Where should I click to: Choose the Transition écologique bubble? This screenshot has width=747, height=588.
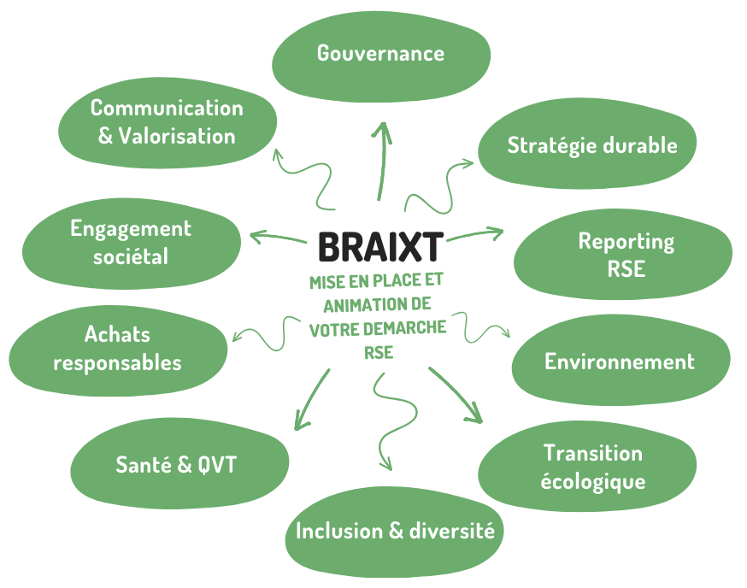(x=593, y=467)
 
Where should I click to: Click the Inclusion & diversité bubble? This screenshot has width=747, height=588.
(x=394, y=532)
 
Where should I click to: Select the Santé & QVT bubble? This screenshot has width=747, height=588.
(x=177, y=466)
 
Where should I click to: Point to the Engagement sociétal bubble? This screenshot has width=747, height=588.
(x=131, y=242)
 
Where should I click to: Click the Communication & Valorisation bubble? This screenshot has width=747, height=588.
(x=168, y=121)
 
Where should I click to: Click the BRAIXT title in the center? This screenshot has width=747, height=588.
(x=380, y=247)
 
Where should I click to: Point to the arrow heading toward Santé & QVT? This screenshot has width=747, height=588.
(x=311, y=397)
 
